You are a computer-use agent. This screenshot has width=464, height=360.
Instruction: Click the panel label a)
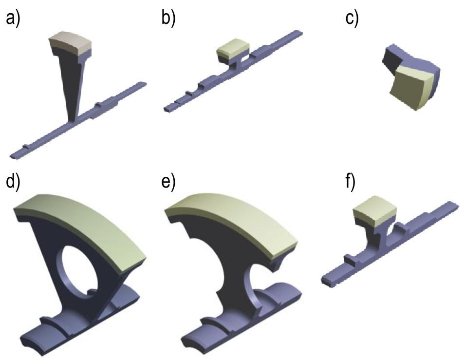[x=13, y=19]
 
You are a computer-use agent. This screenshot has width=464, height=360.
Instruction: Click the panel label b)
[x=168, y=19]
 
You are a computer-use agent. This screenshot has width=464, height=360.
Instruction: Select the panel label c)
[x=352, y=19]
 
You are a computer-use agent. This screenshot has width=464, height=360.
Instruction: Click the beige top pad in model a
[x=71, y=43]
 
